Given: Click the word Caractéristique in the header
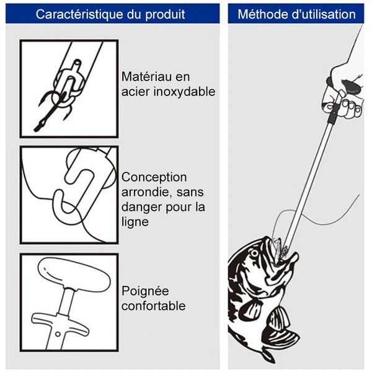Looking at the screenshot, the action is tap(80, 14).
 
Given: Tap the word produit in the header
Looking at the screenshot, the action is tap(165, 15).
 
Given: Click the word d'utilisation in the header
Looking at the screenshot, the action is tap(323, 14).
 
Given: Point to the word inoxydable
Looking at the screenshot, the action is tap(185, 92).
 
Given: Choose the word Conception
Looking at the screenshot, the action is tap(154, 178).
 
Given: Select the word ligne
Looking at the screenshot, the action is tap(135, 223).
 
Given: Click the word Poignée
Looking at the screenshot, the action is tap(145, 291).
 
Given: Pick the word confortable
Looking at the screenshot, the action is tap(154, 306).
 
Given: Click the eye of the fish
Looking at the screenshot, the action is tap(255, 253).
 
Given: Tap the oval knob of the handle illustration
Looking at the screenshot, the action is tap(74, 275).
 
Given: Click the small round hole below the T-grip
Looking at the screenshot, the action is tap(58, 334).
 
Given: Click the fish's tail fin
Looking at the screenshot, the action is tap(268, 356).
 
